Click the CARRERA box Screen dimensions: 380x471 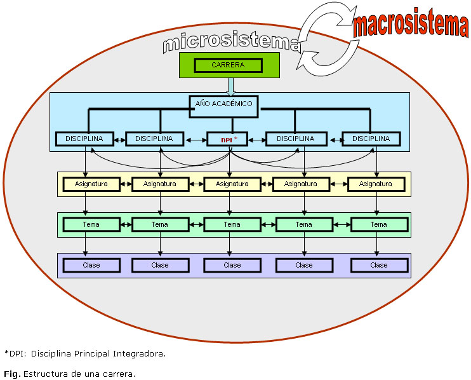(x=228, y=65)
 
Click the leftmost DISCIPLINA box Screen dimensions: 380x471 (x=84, y=139)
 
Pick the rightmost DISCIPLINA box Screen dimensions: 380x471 (x=371, y=139)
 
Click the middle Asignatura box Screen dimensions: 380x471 (x=232, y=184)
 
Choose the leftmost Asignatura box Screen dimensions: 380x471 (x=91, y=184)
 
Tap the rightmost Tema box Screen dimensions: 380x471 (x=378, y=224)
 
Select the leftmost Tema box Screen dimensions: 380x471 (x=91, y=224)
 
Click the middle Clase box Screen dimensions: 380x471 (x=232, y=265)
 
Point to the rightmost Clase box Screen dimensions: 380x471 (x=378, y=265)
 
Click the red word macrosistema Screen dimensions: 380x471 (x=411, y=25)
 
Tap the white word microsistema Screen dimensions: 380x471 (x=231, y=41)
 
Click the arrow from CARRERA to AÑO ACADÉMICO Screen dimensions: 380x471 (x=230, y=86)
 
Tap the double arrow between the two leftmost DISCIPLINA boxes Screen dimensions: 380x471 (x=119, y=139)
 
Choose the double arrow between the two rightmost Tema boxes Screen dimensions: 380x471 (x=342, y=224)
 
